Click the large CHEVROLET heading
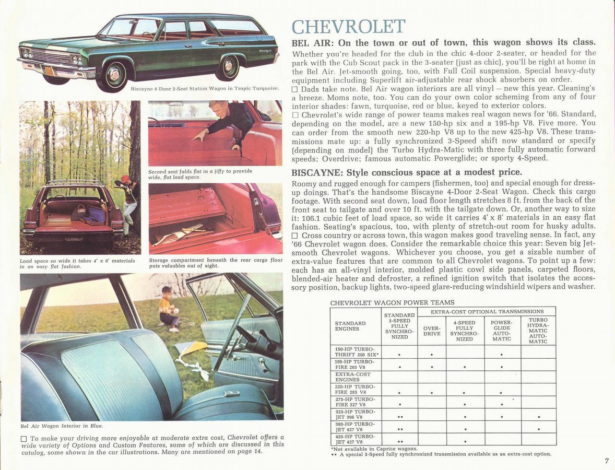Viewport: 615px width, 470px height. point(348,27)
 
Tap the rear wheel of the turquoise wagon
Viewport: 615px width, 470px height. point(228,66)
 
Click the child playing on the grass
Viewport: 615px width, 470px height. point(168,308)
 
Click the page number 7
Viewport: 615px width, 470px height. point(607,461)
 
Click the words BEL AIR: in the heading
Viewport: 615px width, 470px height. point(312,42)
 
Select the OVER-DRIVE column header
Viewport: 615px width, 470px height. point(432,331)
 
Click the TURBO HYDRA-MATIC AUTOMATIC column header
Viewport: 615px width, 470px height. point(538,330)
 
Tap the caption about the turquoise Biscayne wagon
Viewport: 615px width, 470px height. point(204,88)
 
